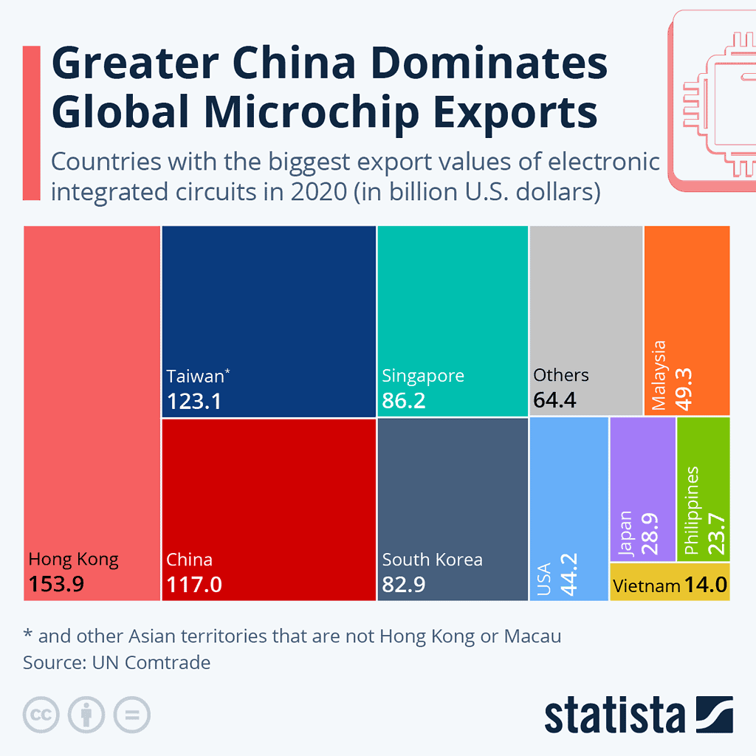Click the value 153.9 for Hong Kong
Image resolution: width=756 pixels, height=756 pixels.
coord(56,584)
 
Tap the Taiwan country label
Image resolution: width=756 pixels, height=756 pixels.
coord(195,376)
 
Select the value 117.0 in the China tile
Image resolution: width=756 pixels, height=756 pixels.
coord(194,585)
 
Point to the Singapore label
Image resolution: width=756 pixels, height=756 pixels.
coord(423,375)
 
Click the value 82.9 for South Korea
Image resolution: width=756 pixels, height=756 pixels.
coord(404,585)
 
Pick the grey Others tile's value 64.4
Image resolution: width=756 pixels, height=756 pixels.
coord(554,401)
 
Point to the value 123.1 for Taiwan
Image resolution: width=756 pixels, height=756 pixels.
coord(194,401)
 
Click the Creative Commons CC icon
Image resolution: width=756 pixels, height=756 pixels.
coord(41,715)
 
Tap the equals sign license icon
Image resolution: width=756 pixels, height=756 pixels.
coord(131,715)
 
